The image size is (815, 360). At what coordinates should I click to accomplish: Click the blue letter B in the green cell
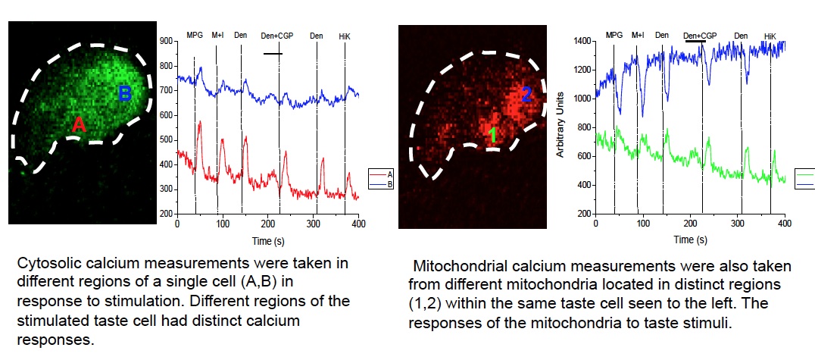[125, 94]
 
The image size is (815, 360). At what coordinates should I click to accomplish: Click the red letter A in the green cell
[78, 125]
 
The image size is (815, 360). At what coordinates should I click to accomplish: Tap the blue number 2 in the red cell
[527, 94]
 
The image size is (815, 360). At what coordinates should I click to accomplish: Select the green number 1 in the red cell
[492, 135]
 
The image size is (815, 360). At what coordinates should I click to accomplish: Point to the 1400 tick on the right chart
[582, 41]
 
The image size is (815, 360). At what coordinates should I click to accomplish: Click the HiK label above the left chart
[346, 35]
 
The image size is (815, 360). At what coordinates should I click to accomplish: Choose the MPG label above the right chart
[614, 35]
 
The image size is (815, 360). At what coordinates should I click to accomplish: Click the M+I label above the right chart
[638, 35]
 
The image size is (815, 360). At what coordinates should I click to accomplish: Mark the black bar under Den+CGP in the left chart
[273, 53]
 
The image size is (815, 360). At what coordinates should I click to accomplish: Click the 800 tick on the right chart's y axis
[584, 127]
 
